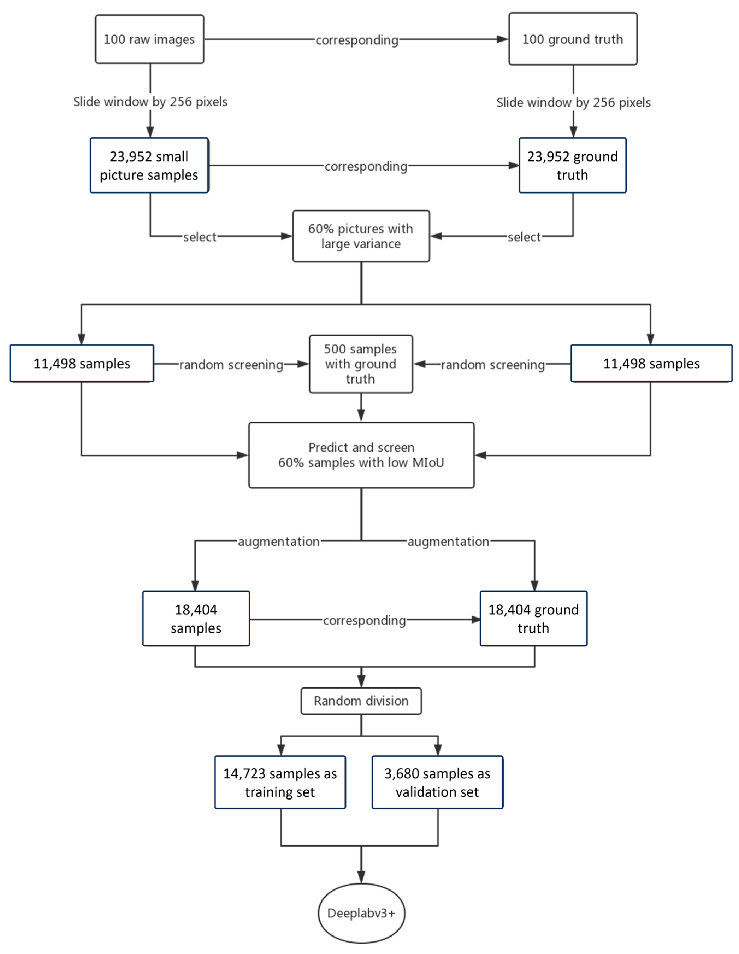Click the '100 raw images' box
(x=150, y=39)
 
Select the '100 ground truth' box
(x=573, y=39)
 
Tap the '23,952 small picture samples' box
(x=149, y=166)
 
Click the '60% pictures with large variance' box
(x=361, y=236)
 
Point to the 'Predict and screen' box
(x=361, y=455)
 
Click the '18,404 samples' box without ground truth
(x=196, y=619)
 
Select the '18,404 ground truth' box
(x=533, y=619)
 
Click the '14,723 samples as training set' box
(x=280, y=782)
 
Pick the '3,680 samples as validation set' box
(x=438, y=782)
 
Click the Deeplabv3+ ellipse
(x=361, y=913)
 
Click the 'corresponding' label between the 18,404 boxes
(x=365, y=620)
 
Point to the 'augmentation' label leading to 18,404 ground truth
(x=448, y=542)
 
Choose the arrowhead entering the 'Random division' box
(x=361, y=681)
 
